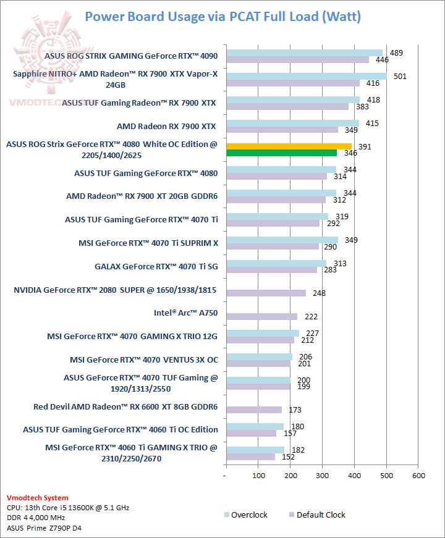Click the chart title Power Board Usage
[x=222, y=16]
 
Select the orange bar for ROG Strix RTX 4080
[x=289, y=146]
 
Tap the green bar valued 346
[x=281, y=153]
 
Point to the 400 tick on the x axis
[x=354, y=476]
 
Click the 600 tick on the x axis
[x=418, y=476]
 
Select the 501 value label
[x=396, y=76]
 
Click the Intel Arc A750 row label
[x=185, y=313]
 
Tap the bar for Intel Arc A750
[x=261, y=317]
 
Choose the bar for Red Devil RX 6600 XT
[x=253, y=410]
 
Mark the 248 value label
[x=320, y=293]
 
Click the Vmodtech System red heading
[x=38, y=498]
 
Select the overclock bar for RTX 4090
[x=304, y=53]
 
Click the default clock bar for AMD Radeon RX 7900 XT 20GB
[x=276, y=200]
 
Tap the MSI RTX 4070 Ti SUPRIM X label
[x=148, y=243]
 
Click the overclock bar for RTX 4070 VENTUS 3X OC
[x=259, y=356]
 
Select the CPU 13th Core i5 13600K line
[x=68, y=508]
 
